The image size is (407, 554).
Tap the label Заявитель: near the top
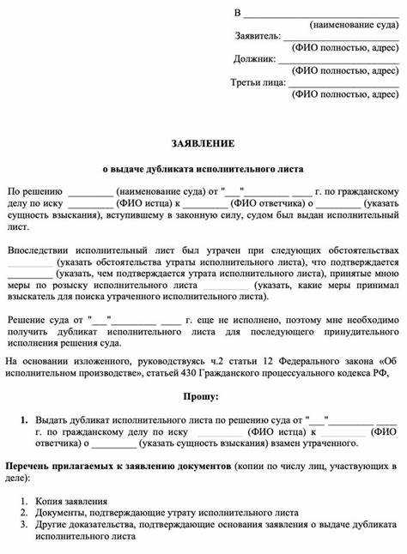pos(258,37)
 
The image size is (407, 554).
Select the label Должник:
pos(254,60)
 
